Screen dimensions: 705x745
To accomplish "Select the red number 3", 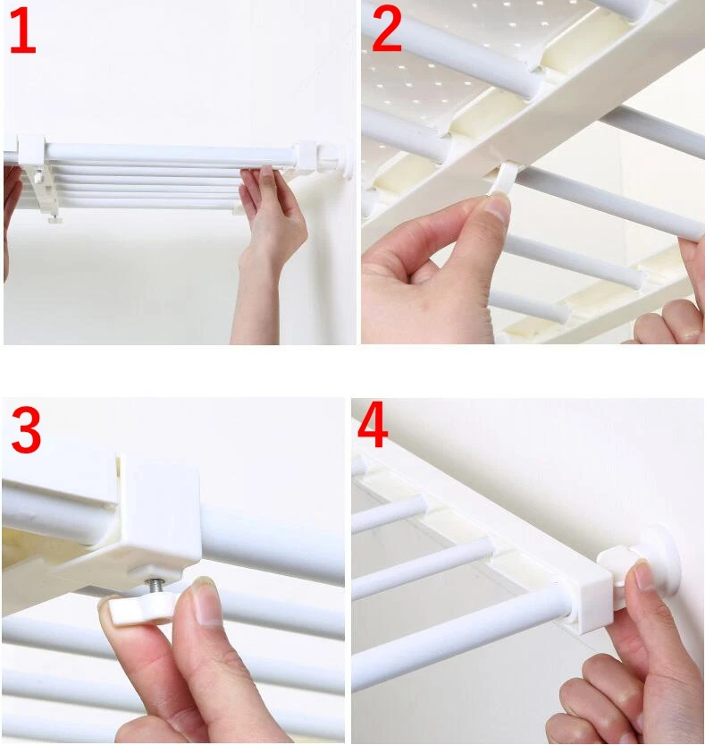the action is point(26,429).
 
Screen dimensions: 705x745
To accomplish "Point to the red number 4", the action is point(373,424).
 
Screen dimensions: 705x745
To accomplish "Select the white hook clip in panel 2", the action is point(503,178).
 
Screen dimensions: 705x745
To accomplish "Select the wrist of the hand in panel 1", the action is point(259,271).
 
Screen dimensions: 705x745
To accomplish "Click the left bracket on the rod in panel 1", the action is point(31,151).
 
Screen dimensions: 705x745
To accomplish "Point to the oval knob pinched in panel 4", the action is point(617,565).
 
